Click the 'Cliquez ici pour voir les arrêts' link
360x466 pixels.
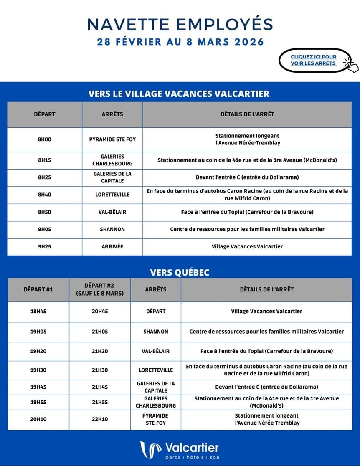314,60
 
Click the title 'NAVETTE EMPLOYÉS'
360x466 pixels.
180,24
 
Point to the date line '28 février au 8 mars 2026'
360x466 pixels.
180,42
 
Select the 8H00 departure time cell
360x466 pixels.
44,139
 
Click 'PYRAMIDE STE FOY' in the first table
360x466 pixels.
112,139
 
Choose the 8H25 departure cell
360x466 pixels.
44,177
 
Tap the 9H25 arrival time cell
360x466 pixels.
44,246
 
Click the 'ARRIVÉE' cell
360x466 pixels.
112,246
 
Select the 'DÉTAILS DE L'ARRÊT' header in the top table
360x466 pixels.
247,114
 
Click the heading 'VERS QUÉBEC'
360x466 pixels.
180,272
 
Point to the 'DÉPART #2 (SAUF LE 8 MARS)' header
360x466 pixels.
100,289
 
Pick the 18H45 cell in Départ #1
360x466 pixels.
38,311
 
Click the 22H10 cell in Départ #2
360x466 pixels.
100,419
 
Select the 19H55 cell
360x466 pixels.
38,402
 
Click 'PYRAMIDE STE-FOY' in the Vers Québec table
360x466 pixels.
155,419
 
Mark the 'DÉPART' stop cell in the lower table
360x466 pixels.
155,311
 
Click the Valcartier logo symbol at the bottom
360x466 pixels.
150,450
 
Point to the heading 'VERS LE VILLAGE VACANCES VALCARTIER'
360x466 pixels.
179,94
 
